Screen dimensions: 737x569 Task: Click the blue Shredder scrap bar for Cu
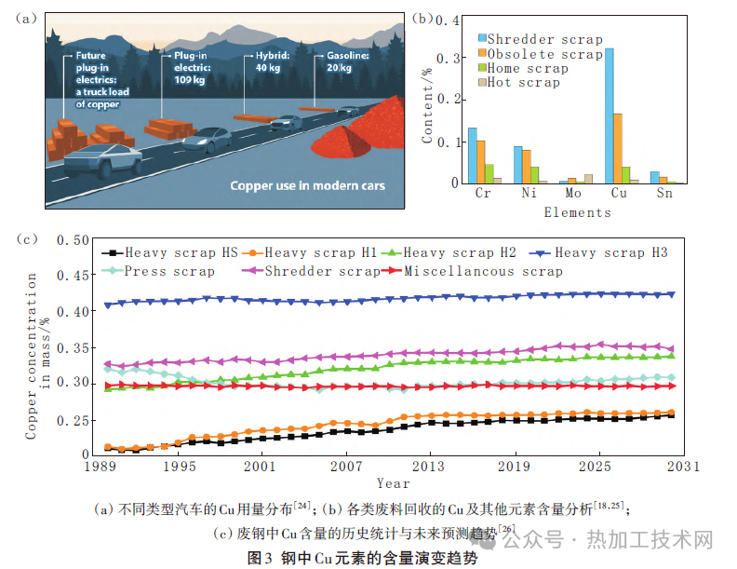tap(610, 115)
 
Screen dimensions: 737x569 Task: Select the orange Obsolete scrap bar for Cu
tap(618, 149)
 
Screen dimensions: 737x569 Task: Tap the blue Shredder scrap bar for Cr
tap(473, 156)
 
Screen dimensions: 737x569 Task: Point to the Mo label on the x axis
tap(573, 193)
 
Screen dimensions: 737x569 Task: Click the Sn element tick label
tap(664, 193)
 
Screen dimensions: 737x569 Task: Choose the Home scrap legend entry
tap(523, 69)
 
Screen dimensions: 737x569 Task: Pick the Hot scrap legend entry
tap(519, 83)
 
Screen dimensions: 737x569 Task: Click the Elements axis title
tap(578, 212)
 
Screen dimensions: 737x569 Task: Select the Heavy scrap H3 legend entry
tap(598, 253)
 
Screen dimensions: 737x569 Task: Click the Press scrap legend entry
tap(158, 271)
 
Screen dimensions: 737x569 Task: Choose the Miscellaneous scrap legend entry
tap(472, 271)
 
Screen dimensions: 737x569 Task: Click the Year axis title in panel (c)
tap(394, 483)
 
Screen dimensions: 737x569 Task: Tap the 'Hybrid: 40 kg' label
tap(273, 61)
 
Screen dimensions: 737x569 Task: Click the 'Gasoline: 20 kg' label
tap(348, 61)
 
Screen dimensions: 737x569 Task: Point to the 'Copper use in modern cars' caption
tap(307, 185)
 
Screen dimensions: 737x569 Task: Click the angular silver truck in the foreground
tap(103, 161)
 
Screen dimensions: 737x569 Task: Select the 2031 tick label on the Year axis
tap(683, 466)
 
